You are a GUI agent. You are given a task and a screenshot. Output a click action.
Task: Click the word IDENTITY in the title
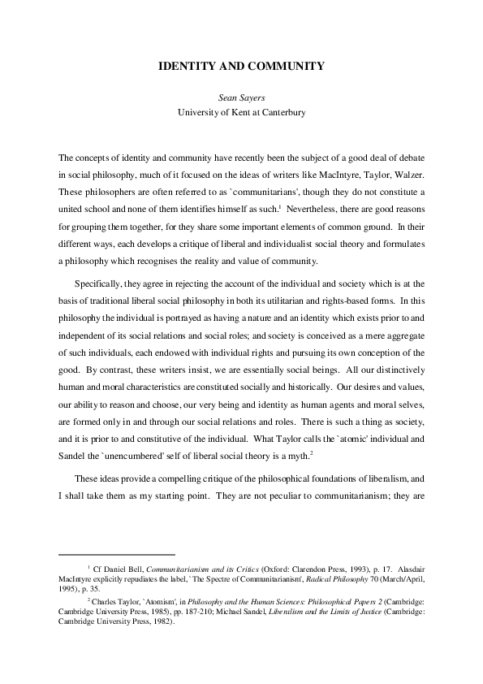[188, 66]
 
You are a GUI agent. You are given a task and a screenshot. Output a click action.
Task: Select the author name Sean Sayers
[241, 97]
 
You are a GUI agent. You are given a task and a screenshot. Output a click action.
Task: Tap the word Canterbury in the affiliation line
[282, 112]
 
